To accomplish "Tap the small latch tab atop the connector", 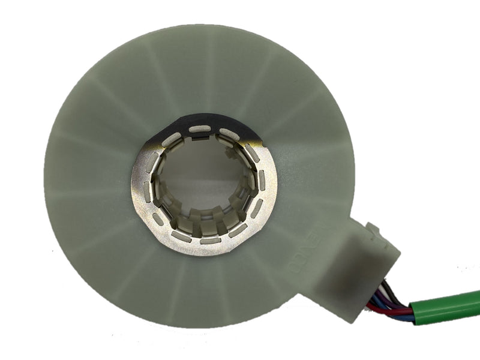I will click(373, 229).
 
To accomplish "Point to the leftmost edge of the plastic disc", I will click(44, 180).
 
